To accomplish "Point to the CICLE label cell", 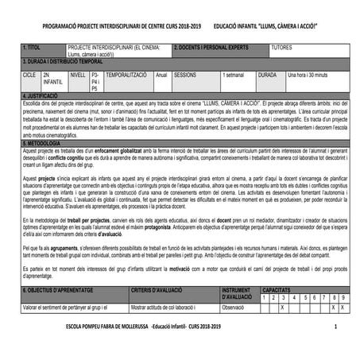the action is pyautogui.click(x=29, y=74).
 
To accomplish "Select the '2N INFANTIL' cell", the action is pyautogui.click(x=52, y=78).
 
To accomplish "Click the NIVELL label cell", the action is pyautogui.click(x=78, y=74).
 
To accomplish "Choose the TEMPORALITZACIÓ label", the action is pyautogui.click(x=126, y=74).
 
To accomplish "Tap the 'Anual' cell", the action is pyautogui.click(x=161, y=74).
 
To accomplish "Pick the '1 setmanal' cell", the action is pyautogui.click(x=234, y=74).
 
